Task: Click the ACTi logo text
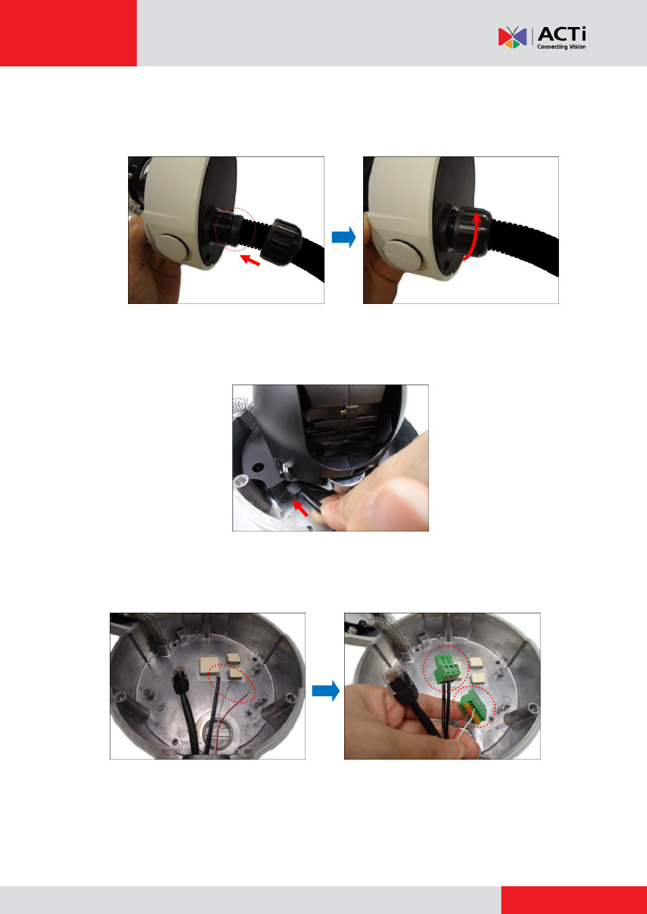562,34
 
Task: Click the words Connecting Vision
561,47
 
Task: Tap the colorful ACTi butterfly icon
512,37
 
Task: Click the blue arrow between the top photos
343,237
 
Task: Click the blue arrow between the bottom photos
326,691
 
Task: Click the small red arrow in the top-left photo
249,259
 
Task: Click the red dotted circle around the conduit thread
235,230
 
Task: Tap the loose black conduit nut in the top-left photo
281,242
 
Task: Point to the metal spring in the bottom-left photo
154,630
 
